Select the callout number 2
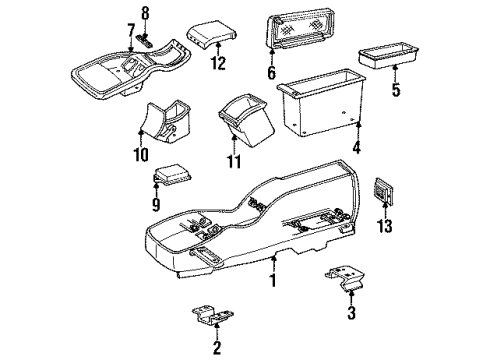click(x=214, y=348)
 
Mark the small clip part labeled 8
click(x=145, y=41)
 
